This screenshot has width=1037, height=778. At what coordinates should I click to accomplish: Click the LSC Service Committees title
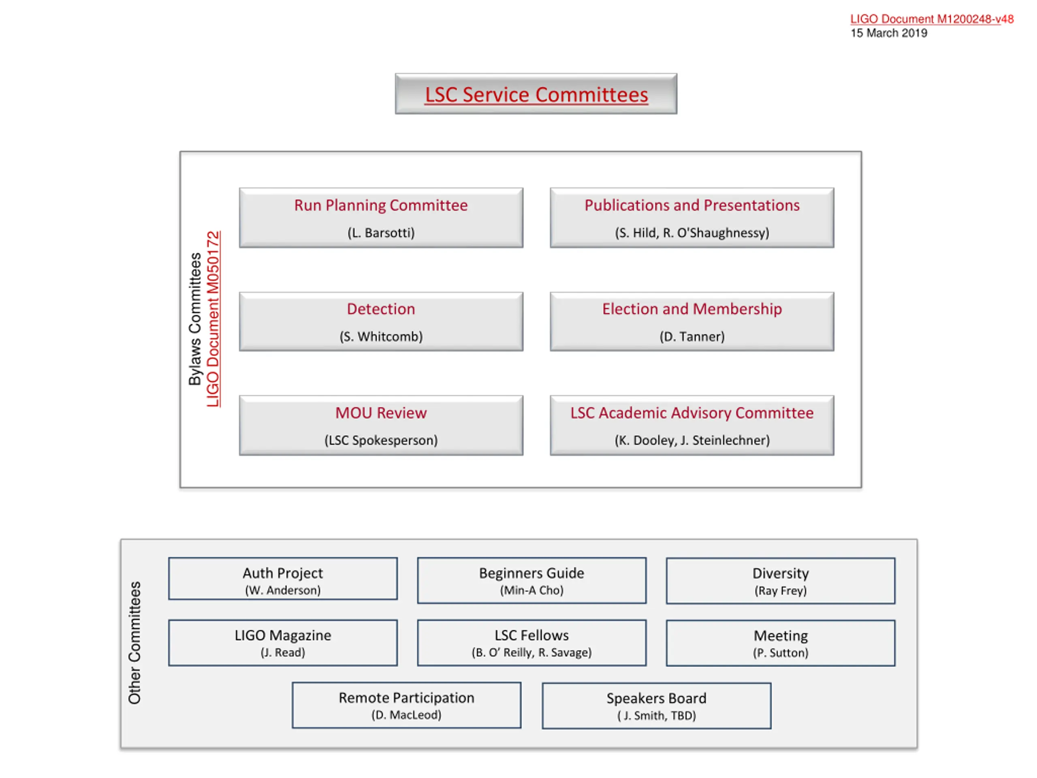point(536,95)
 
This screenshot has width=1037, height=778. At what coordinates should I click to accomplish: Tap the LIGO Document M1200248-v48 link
point(932,19)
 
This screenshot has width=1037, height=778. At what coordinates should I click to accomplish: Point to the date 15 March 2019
point(889,33)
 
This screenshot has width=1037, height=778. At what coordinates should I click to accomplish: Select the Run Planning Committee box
point(381,218)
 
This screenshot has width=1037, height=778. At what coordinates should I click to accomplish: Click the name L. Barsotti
point(381,233)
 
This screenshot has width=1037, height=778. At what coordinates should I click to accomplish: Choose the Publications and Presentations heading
point(692,205)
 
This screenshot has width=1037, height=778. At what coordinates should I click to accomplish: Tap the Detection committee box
point(381,322)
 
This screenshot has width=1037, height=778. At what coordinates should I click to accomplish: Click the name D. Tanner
point(692,336)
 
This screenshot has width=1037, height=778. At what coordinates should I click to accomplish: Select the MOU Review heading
point(381,413)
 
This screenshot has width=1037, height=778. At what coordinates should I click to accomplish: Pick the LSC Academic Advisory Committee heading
point(692,413)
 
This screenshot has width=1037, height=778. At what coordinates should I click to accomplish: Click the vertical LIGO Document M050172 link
point(213,319)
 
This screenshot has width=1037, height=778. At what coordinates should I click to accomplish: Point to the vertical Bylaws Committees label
point(194,319)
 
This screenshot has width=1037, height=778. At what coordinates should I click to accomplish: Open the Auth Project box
point(283,579)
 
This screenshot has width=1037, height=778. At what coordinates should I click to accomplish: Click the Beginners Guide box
point(531,580)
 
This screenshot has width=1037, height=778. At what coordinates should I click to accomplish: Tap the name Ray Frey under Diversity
point(781,590)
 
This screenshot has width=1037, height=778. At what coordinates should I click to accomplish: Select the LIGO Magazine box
point(283,643)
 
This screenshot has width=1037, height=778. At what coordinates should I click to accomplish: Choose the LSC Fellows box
point(531,643)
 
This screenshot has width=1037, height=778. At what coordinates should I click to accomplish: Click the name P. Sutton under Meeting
point(781,653)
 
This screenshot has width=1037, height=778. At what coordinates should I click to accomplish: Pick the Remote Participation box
point(406,705)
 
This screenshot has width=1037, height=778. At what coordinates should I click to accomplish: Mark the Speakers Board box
point(656,705)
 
